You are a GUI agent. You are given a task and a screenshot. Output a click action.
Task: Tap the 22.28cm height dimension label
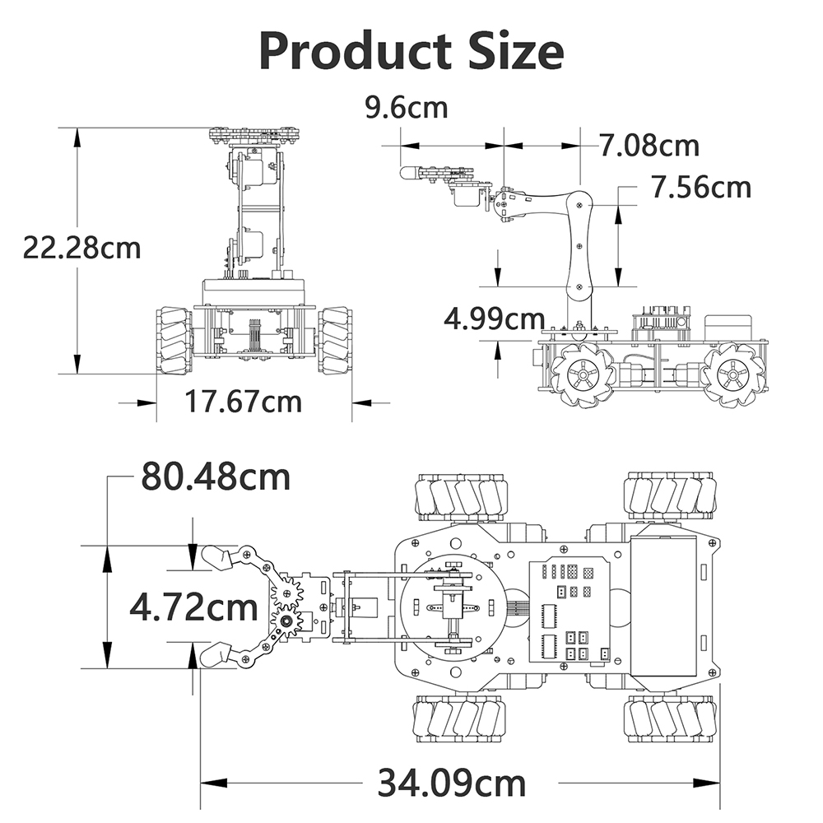pos(81,248)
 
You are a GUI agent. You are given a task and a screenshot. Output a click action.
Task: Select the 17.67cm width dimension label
pos(244,402)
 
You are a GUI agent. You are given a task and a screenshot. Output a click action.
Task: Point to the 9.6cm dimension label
pos(407,108)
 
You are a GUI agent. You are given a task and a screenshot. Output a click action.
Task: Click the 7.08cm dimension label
pos(650,146)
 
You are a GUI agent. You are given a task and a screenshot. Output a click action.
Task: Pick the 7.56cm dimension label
pos(701,187)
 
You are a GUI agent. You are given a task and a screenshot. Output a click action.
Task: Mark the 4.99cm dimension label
pos(495,319)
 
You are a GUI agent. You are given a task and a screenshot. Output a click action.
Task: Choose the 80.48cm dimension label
pos(216,477)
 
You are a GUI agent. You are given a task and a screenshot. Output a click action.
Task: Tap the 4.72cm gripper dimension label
pos(193,607)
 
